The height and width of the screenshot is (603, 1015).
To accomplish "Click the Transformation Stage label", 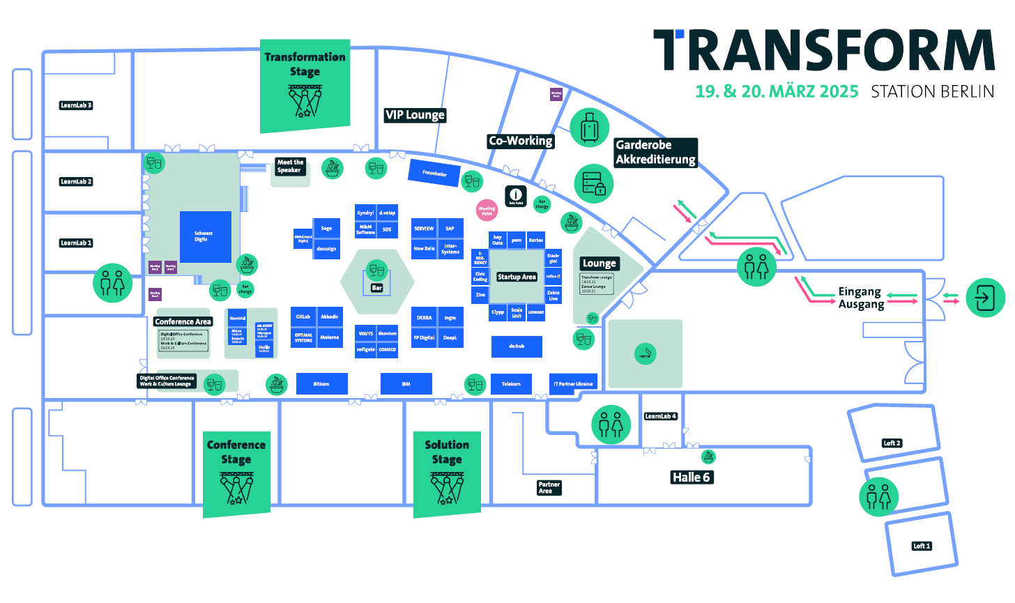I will click(x=305, y=64).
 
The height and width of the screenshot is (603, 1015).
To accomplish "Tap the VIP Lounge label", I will click(x=415, y=115).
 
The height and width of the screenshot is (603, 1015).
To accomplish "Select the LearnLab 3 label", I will click(x=76, y=105).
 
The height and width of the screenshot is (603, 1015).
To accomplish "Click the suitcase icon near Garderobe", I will click(x=589, y=128).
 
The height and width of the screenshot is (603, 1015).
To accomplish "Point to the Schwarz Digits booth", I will click(x=205, y=236).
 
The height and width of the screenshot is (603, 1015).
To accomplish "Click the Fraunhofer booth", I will click(x=434, y=173).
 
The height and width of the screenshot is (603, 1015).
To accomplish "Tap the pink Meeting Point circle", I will click(x=487, y=209).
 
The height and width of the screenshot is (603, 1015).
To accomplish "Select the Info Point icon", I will click(x=516, y=196).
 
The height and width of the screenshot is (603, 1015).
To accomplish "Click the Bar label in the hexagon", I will click(x=376, y=287).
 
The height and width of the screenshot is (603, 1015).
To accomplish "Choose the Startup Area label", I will click(x=517, y=277).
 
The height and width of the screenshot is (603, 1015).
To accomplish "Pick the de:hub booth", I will click(x=517, y=346).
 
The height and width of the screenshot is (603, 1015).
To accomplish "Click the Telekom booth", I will click(x=511, y=384).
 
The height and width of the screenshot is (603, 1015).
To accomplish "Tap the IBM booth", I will click(x=406, y=384).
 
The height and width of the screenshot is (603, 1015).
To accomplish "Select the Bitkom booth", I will click(x=321, y=384).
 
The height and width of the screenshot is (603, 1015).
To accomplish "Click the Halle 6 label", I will click(x=691, y=478).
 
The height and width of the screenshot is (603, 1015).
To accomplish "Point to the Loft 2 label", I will click(x=892, y=443).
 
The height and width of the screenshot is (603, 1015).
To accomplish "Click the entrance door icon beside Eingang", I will click(x=985, y=298).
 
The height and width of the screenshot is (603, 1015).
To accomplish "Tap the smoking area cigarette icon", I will click(x=646, y=353).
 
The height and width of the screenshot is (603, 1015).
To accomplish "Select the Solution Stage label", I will click(x=447, y=452).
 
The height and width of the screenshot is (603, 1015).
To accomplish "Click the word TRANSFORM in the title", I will click(x=823, y=50).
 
